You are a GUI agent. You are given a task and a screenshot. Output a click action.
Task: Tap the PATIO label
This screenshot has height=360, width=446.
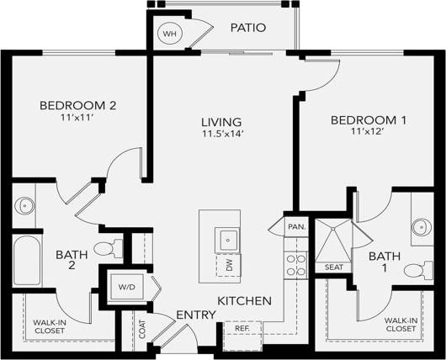coord(248,28)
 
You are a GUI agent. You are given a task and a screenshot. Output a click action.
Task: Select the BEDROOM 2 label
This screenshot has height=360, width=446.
coord(77,106)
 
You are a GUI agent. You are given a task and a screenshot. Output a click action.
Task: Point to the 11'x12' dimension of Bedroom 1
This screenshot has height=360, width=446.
coord(367,133)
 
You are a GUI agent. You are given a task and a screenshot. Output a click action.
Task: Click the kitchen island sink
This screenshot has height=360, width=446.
coord(227,240)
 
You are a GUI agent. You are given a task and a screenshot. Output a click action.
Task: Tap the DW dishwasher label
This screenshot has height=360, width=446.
coord(228,265)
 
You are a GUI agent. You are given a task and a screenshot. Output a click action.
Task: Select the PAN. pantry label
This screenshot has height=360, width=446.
coord(295,227)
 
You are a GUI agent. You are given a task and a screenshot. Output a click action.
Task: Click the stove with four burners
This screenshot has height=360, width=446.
coord(295,266)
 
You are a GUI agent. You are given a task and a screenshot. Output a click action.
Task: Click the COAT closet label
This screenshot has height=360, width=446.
coord(141,328)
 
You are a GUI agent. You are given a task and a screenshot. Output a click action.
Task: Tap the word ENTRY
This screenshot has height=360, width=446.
coord(196,315)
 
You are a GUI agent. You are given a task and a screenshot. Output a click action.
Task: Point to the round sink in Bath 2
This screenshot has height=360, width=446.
coord(24,204)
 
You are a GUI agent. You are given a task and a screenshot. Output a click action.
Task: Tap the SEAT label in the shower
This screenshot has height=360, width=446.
coord(333,267)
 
